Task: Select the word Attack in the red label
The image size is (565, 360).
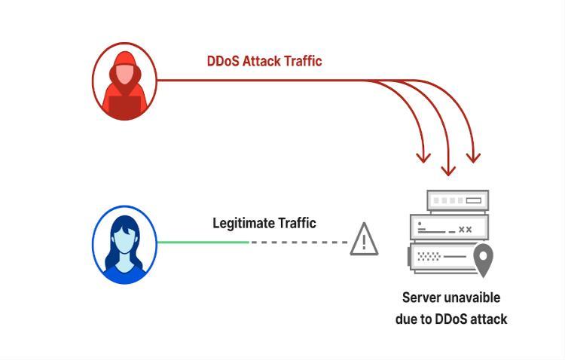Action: pos(262,61)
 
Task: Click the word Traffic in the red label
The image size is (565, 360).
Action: pos(303,61)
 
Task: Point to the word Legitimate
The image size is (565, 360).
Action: pos(243,223)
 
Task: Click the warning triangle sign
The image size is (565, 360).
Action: pos(365,239)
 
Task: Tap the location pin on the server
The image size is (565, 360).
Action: pos(482,260)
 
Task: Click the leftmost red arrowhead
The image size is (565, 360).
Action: pos(423,157)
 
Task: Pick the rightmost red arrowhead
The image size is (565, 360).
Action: pos(472,157)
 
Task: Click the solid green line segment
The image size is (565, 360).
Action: pos(203,242)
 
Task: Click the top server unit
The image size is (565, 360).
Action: pos(458,200)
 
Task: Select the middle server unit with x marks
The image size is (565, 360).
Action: pos(449,228)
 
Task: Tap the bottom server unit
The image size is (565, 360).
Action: pos(444,257)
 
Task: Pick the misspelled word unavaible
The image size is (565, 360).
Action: pos(474,297)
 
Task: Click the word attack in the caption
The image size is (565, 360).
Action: pos(486,319)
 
